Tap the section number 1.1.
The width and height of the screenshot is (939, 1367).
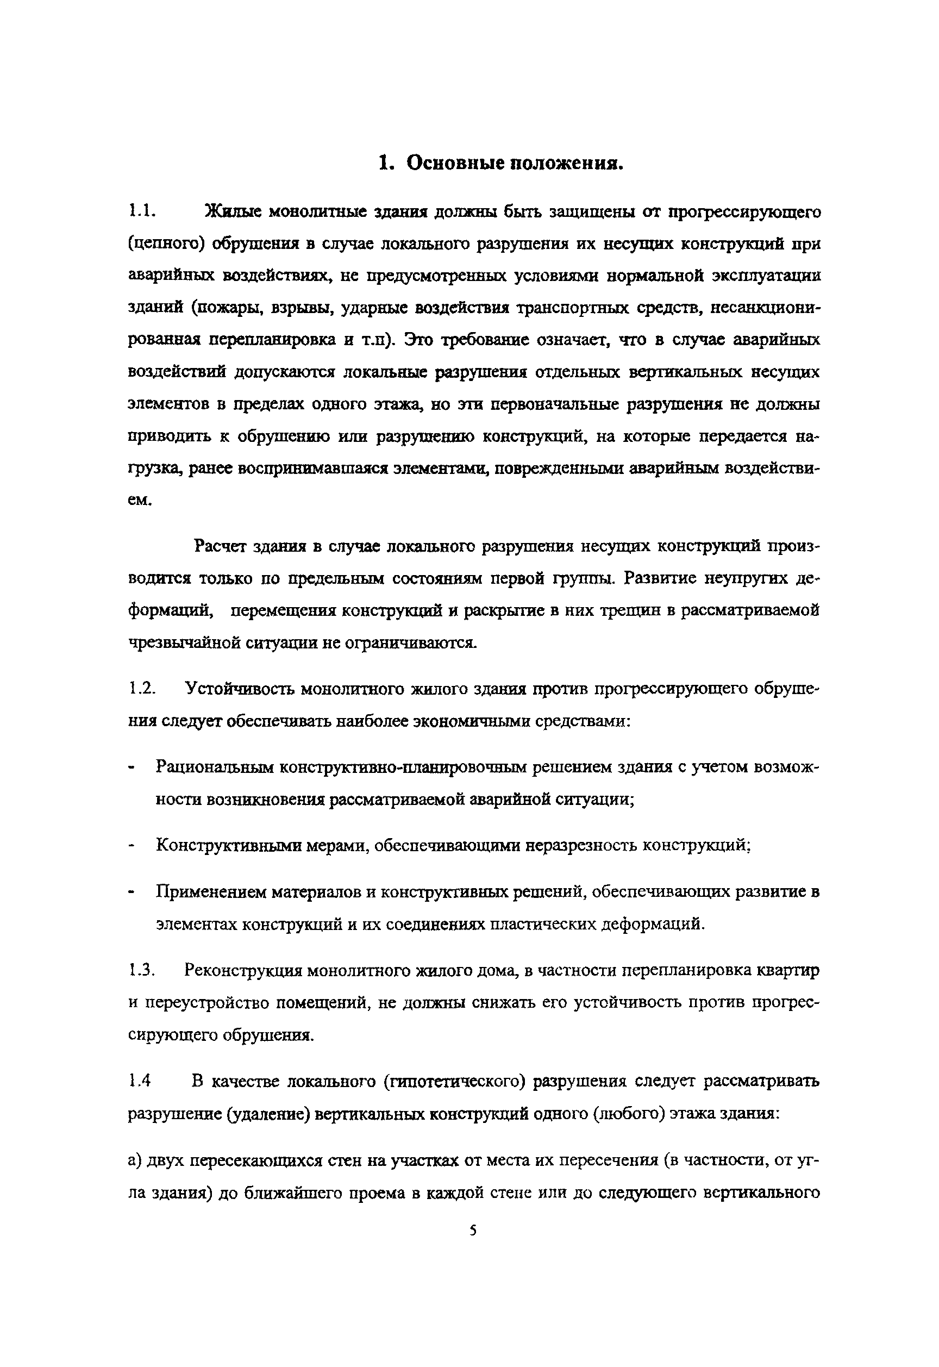[x=142, y=211]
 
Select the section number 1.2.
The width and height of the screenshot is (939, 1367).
[x=142, y=689]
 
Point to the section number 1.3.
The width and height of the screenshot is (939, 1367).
[x=142, y=970]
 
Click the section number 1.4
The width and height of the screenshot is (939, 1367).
[x=140, y=1081]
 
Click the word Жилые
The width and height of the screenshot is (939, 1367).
[x=233, y=211]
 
